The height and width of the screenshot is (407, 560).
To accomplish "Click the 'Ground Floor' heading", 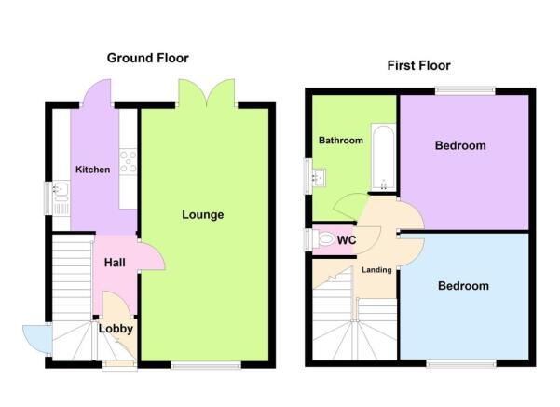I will point(147,58).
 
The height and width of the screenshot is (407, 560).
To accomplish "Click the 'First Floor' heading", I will point(419,65).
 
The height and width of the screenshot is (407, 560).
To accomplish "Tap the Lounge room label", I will point(202,215).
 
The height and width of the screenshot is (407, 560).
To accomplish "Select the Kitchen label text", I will point(93,170).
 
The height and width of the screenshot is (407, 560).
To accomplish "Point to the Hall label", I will point(115,264).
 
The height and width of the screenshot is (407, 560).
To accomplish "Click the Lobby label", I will point(116,329).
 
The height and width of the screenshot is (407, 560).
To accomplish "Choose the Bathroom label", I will point(340,141).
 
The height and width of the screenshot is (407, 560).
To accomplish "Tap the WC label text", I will point(347,241).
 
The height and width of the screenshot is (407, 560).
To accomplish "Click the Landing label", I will point(376,270).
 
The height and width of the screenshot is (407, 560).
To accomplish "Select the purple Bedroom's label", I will point(460,146).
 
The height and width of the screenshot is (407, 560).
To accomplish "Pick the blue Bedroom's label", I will point(463,286).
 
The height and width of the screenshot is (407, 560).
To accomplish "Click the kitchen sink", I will point(61,194).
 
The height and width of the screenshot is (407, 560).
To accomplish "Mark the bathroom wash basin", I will point(319,175).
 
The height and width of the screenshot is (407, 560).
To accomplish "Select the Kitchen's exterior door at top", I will point(97,93).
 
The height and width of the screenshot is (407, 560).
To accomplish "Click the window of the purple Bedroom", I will point(464,90).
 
